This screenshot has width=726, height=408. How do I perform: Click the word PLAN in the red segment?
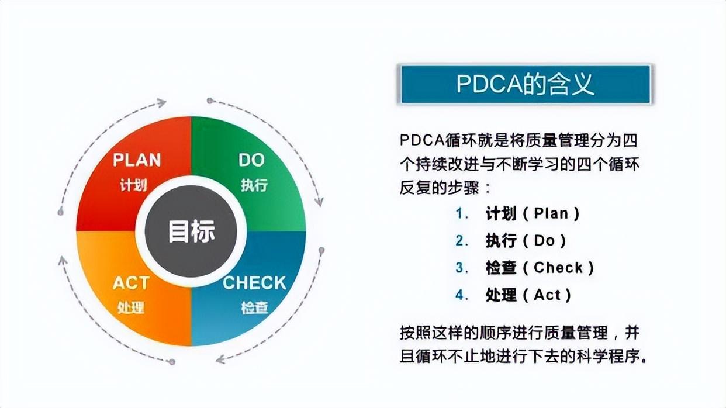(x=137, y=160)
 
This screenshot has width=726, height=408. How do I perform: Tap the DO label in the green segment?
(x=252, y=160)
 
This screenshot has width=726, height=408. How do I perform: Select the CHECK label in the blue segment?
(x=254, y=283)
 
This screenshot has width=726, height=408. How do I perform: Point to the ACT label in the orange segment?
(x=131, y=283)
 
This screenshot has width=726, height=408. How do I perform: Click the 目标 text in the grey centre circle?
(x=192, y=231)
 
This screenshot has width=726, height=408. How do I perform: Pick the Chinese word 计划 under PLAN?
(x=133, y=185)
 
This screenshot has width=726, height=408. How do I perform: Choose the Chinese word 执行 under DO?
(x=254, y=185)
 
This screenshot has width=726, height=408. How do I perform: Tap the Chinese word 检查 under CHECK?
(x=254, y=307)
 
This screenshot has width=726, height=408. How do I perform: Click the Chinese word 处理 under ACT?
(x=130, y=307)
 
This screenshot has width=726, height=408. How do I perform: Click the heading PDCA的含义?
(x=525, y=84)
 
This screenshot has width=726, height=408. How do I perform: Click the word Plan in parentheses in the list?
(x=551, y=213)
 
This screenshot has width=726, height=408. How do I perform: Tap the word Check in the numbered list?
(x=558, y=268)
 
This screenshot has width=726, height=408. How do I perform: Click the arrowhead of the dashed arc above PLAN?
(x=161, y=103)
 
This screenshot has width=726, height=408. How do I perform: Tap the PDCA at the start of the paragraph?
(x=420, y=140)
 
